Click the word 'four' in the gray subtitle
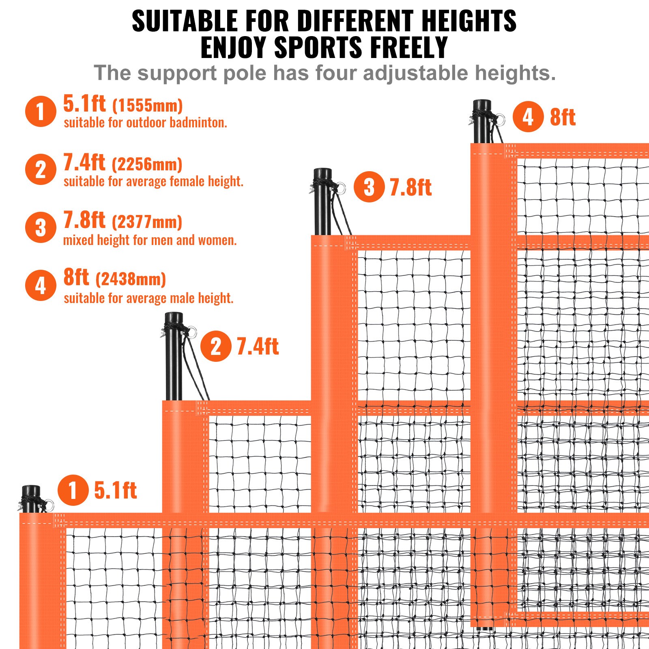point(336,73)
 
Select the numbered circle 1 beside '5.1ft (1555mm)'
point(41,111)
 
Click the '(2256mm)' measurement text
point(147,164)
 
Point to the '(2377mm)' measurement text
point(147,222)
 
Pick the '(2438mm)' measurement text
point(131,279)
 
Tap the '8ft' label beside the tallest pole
point(563,117)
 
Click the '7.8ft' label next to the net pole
point(410,187)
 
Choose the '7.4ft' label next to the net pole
point(258,346)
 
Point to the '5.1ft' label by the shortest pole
point(116,490)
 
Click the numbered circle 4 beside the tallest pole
point(528,117)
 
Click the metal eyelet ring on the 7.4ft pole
point(192,332)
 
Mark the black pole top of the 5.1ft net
point(31,492)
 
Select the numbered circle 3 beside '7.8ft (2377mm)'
point(41,228)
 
